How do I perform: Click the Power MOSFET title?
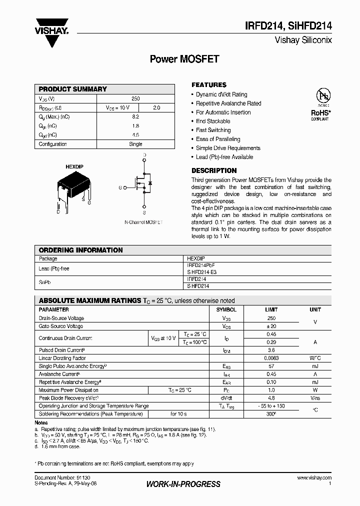184,59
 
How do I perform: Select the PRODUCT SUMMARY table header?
73,89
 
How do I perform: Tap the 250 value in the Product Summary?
135,99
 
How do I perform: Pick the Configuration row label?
53,144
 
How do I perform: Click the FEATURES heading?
209,85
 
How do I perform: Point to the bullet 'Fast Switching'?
213,130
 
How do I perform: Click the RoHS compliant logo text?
319,113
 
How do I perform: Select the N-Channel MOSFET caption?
143,222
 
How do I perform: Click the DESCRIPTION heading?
214,170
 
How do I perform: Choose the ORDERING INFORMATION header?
80,250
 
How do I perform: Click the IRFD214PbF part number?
201,265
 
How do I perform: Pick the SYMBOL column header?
226,309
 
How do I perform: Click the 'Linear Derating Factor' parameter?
62,358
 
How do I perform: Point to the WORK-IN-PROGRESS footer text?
183,484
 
